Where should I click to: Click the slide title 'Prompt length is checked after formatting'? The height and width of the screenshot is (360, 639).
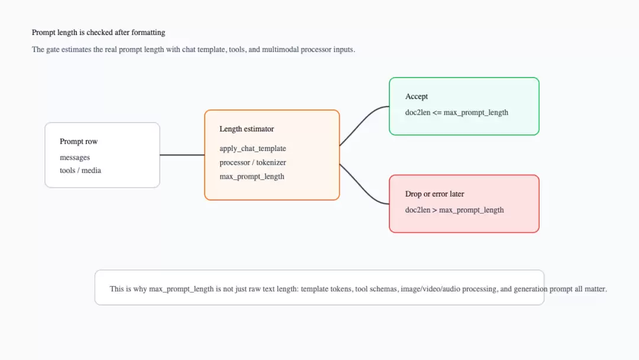(99, 33)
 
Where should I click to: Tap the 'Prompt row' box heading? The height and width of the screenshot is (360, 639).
(79, 142)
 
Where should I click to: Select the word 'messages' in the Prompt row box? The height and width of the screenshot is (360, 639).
(75, 157)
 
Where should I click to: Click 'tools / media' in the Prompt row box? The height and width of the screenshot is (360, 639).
(80, 171)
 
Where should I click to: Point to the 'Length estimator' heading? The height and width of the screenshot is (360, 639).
(247, 129)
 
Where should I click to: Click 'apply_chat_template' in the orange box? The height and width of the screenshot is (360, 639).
(253, 149)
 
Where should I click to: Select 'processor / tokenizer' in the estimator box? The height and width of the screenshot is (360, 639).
(253, 162)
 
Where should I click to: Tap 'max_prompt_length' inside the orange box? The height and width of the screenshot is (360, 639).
(252, 176)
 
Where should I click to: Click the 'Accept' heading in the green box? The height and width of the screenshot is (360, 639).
(417, 97)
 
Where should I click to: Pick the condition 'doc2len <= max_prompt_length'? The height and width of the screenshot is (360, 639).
(456, 112)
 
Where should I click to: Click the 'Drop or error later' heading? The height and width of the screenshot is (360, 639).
(434, 194)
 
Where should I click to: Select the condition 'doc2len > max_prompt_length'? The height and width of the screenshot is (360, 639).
(454, 210)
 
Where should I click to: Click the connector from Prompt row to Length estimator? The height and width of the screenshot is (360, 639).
(182, 155)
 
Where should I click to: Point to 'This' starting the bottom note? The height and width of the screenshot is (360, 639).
(117, 289)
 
